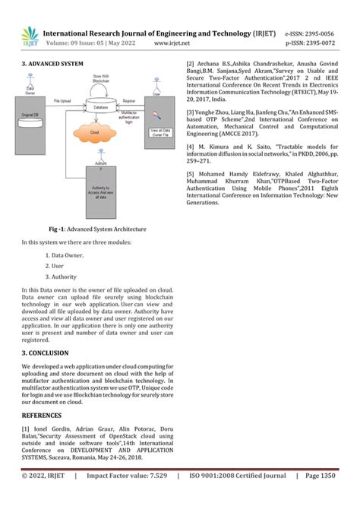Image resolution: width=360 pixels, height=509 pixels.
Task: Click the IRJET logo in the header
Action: [x=30, y=36]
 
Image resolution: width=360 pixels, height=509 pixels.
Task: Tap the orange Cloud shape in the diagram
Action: [x=95, y=133]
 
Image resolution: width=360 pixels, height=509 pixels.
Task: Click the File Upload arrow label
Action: [x=64, y=100]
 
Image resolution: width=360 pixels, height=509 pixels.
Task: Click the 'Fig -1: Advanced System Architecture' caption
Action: [x=97, y=228]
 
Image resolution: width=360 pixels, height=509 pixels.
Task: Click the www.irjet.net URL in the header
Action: [x=171, y=43]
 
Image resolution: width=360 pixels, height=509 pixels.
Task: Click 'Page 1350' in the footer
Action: [x=319, y=498]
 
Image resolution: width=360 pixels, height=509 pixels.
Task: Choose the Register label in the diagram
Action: [x=129, y=100]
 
